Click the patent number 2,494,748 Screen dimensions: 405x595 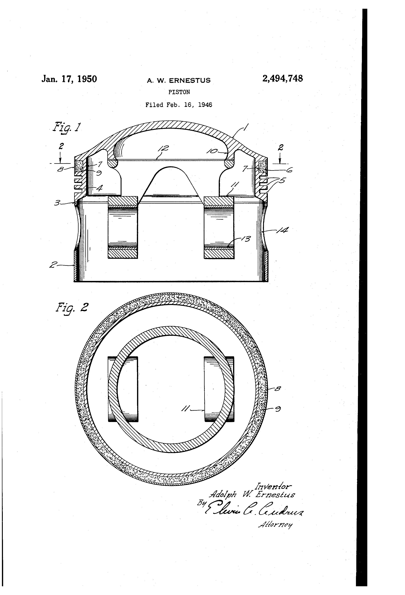tap(282, 78)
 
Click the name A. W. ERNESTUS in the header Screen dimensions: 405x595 tap(179, 80)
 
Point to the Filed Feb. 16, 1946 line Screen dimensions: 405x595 tap(179, 105)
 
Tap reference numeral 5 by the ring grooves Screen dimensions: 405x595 tap(282, 180)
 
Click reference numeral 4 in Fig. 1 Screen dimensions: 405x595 tap(99, 188)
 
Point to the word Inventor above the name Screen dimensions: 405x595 tap(273, 486)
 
